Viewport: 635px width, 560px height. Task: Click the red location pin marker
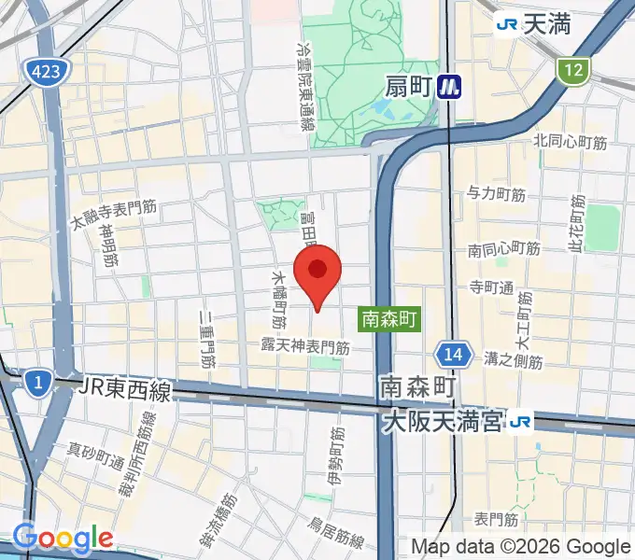(x=318, y=272)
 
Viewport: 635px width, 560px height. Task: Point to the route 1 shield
(x=37, y=382)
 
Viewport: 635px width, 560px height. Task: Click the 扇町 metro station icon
(x=453, y=87)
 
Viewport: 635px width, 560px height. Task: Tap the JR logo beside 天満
(x=508, y=24)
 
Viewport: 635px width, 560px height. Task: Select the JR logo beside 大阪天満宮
(x=521, y=423)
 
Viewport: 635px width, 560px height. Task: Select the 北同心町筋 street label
(x=571, y=142)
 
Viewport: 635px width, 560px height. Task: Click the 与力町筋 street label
(x=497, y=194)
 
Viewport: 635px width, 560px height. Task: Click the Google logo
(x=63, y=538)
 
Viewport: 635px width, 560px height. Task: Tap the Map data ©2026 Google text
(x=521, y=547)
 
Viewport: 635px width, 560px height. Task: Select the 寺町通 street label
(x=492, y=287)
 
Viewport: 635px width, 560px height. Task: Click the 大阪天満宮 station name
(x=442, y=423)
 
